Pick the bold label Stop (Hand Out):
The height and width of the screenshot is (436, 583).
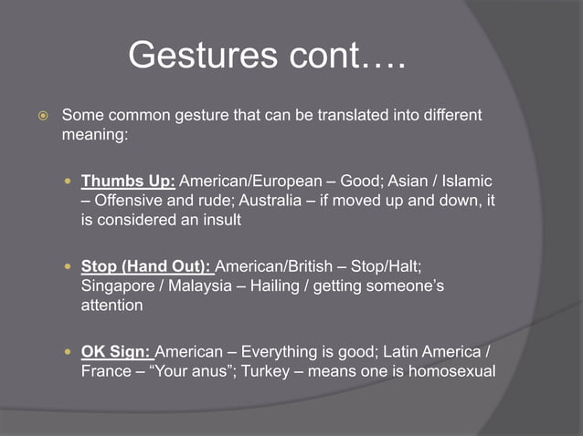click(146, 266)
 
